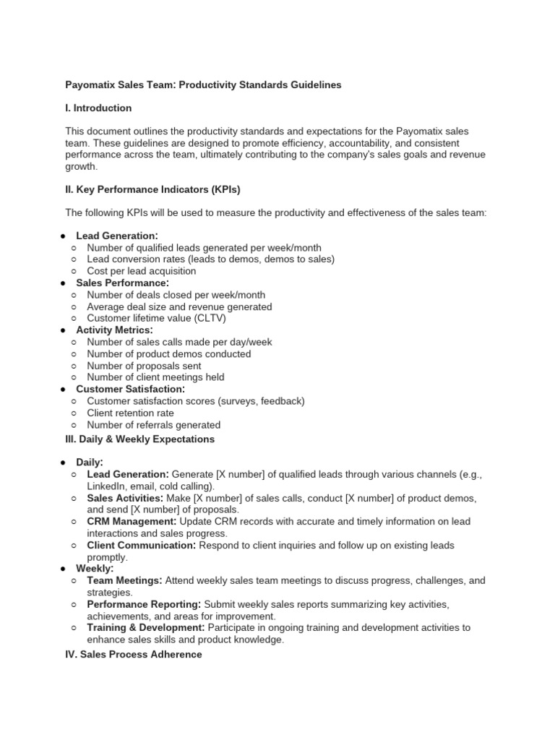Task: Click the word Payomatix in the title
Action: [90, 85]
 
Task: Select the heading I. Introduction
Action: [98, 108]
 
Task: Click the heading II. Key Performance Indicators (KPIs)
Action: [152, 190]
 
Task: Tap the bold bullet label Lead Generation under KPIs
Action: [116, 236]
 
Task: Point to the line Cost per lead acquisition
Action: [141, 271]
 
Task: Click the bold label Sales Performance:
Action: [122, 283]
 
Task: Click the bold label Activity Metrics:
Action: [114, 330]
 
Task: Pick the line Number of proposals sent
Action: [144, 366]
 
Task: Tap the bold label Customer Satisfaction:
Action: [131, 390]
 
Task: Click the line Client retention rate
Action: [130, 413]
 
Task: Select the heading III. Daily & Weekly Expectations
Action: [139, 439]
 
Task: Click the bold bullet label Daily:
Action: [90, 462]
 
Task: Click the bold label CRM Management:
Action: [132, 521]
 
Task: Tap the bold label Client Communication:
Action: [141, 545]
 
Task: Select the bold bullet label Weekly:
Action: [95, 569]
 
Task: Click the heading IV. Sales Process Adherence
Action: [134, 655]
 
